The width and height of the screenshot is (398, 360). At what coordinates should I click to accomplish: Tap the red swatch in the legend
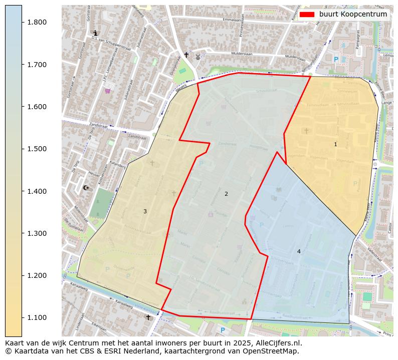tap(306, 15)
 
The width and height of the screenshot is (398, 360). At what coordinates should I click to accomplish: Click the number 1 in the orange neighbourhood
tap(335, 144)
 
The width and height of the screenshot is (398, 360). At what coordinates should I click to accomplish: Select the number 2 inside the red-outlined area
tap(226, 194)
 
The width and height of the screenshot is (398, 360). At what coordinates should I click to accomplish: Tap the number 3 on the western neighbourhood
tap(145, 211)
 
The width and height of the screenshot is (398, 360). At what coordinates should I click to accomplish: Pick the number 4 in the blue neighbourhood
tap(299, 251)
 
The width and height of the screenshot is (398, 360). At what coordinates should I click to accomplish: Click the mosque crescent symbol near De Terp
tap(86, 188)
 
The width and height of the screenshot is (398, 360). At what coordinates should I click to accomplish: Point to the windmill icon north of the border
tap(197, 57)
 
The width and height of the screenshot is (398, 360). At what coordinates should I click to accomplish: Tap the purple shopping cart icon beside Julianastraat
tap(107, 91)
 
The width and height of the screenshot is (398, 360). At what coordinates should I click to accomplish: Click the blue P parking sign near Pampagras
tap(336, 59)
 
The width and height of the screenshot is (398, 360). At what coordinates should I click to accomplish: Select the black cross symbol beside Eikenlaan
tap(148, 317)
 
